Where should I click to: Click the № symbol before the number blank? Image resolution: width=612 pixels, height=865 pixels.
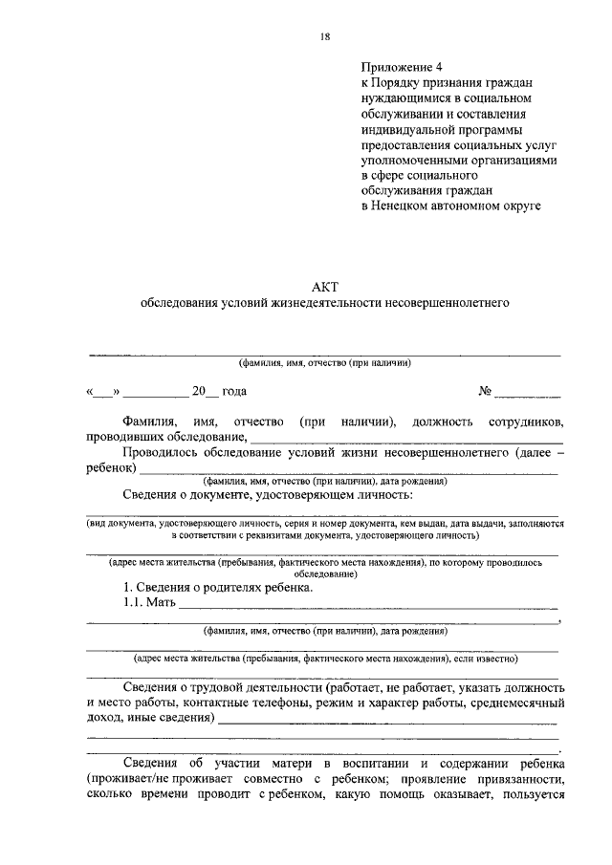click(x=485, y=392)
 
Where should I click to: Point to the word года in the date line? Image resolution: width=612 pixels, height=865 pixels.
click(x=235, y=392)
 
